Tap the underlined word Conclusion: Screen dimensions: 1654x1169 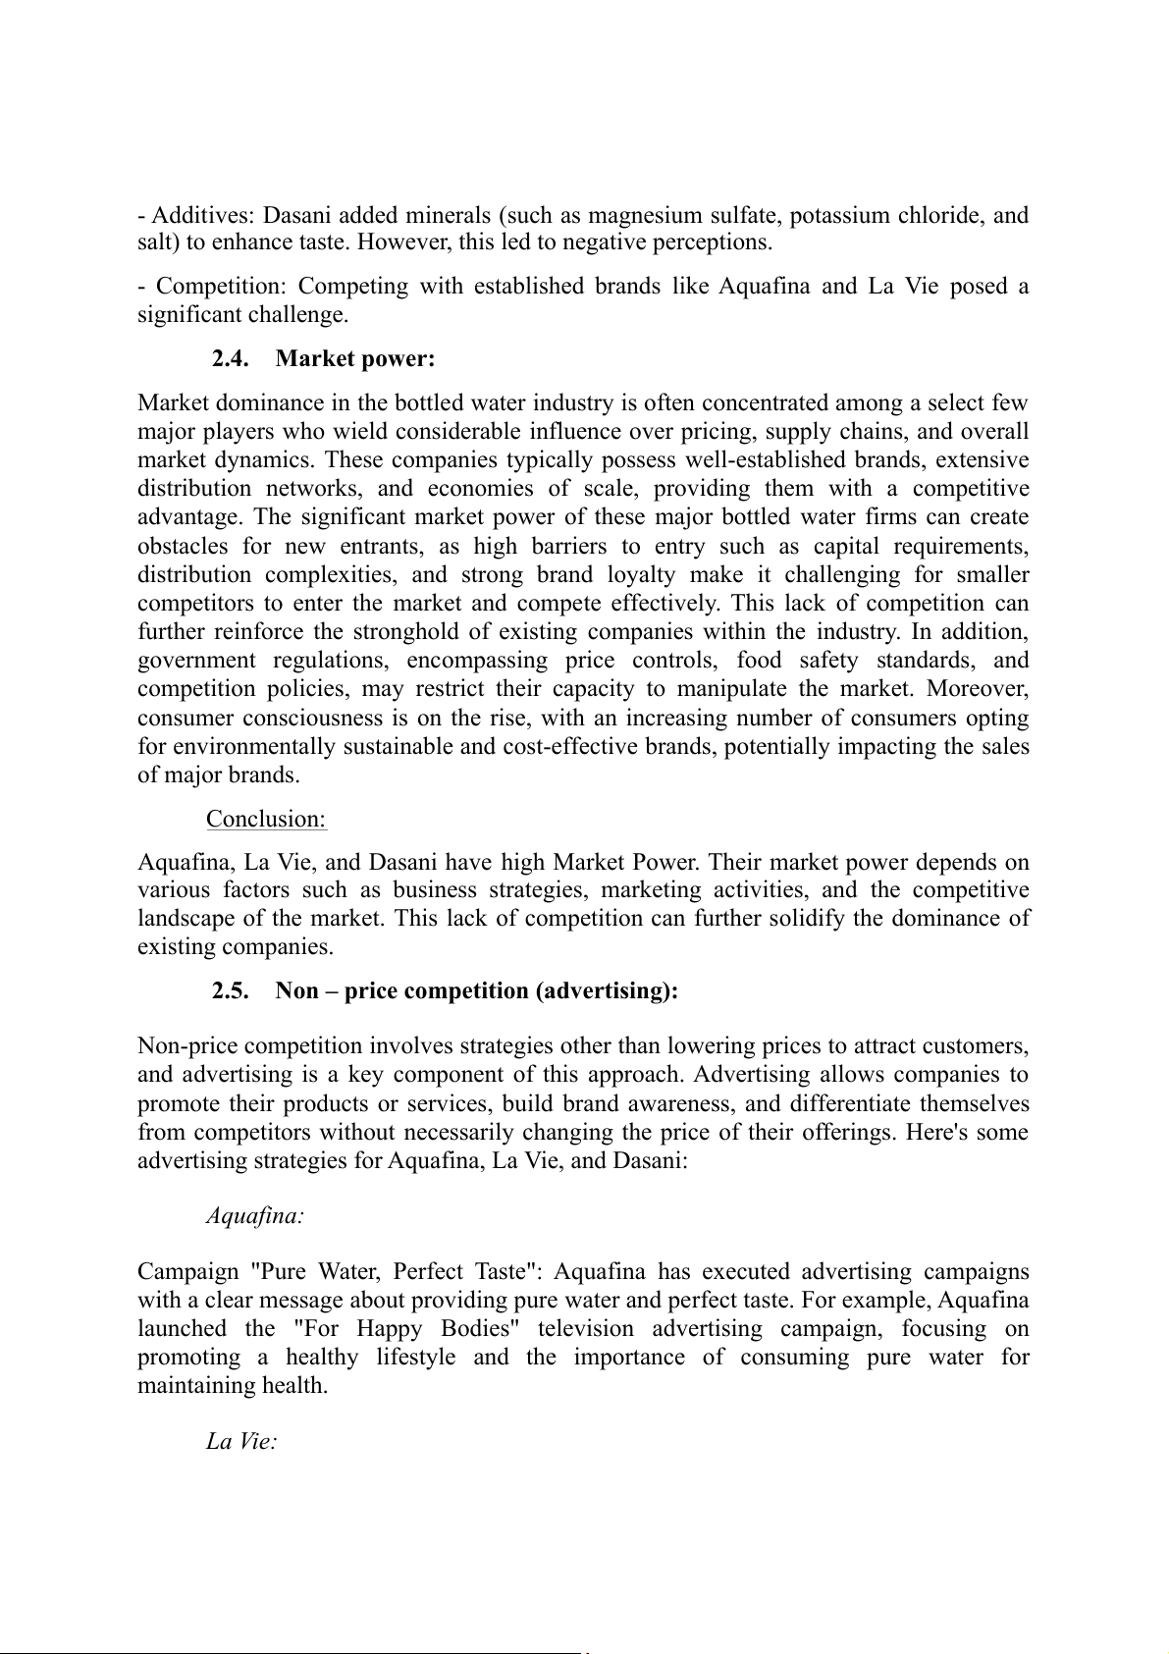pos(266,819)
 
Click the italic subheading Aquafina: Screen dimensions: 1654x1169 pos(254,1216)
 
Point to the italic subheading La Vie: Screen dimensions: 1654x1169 pos(241,1442)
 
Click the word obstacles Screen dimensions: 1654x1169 pos(183,546)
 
